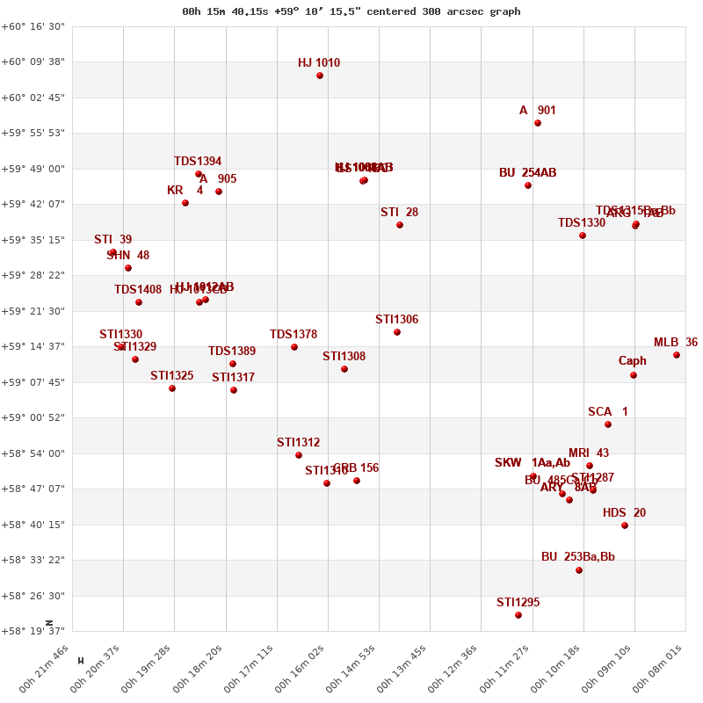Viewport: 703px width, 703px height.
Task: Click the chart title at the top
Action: [x=351, y=11]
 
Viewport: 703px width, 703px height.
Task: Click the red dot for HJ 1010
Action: [x=320, y=76]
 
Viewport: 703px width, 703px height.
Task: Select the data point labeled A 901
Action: [x=538, y=123]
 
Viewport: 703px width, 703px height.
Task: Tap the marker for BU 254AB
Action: [x=528, y=185]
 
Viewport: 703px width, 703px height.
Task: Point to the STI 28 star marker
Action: [x=400, y=225]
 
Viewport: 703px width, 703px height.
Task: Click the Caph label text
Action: [x=632, y=360]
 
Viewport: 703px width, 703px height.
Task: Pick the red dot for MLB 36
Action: [x=677, y=355]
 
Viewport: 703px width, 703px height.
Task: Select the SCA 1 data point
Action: [x=608, y=424]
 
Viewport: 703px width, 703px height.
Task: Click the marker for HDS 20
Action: [x=625, y=525]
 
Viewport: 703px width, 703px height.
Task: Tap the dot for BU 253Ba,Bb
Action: [x=579, y=570]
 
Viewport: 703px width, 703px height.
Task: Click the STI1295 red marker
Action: [x=518, y=615]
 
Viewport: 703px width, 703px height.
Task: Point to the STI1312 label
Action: [x=298, y=443]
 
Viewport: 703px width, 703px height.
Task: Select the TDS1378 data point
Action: [x=294, y=347]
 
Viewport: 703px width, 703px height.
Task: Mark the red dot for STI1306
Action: [x=397, y=332]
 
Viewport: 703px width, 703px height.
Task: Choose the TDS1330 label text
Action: [x=582, y=223]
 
